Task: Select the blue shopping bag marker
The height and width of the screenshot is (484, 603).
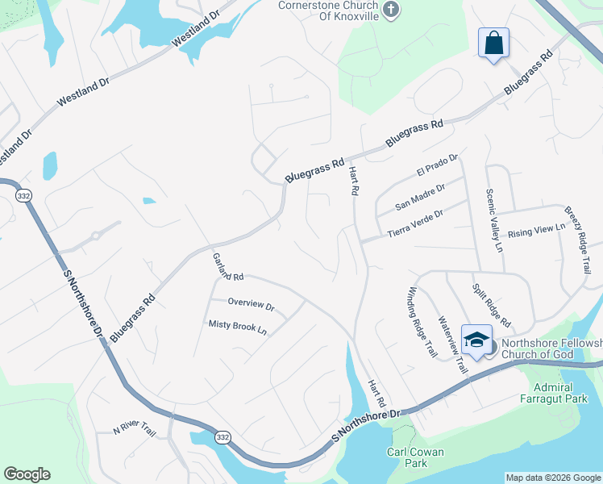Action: click(x=493, y=43)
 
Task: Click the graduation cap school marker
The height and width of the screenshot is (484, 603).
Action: click(x=476, y=340)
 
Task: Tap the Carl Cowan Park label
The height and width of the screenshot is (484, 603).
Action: click(x=415, y=457)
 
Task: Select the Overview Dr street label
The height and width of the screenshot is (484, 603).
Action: click(x=251, y=306)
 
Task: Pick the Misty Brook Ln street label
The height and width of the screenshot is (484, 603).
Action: click(x=237, y=327)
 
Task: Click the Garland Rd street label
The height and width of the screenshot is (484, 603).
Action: click(x=228, y=267)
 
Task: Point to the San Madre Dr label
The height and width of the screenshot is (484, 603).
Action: click(x=420, y=197)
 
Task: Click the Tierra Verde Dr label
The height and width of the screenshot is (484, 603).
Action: click(x=415, y=224)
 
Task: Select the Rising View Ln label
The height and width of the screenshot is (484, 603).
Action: click(x=536, y=232)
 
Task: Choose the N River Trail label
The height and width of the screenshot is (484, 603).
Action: click(x=134, y=428)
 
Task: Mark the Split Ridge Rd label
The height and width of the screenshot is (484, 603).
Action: click(x=491, y=305)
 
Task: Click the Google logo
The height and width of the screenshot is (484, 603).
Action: click(x=27, y=474)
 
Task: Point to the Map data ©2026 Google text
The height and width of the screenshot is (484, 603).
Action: click(x=552, y=478)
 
